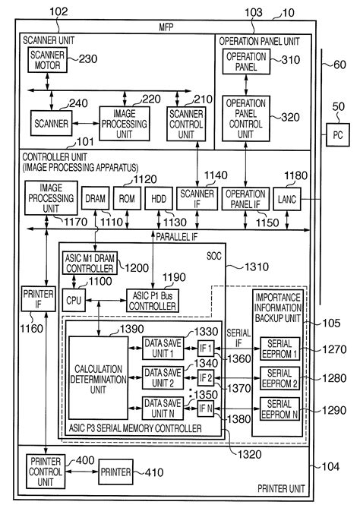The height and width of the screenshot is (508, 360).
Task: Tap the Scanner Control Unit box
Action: [x=186, y=121]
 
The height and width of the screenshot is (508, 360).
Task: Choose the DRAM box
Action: [x=94, y=199]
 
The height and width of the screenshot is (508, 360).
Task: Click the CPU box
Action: [x=74, y=301]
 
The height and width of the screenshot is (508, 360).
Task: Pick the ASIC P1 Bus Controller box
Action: [x=152, y=301]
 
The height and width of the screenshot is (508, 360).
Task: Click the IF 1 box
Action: [x=206, y=348]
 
